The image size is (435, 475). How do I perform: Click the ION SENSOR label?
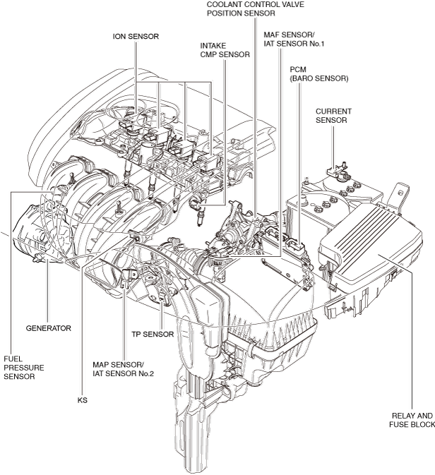pyautogui.click(x=136, y=37)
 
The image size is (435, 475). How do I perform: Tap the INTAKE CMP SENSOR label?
pyautogui.click(x=225, y=50)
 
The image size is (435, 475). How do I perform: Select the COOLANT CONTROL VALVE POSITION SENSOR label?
pyautogui.click(x=255, y=8)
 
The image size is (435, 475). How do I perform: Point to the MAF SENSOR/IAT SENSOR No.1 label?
pyautogui.click(x=294, y=40)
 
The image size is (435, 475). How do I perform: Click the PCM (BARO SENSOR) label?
pyautogui.click(x=319, y=74)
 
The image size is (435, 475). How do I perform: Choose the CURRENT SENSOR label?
pyautogui.click(x=333, y=116)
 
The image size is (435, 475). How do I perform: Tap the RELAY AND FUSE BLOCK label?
pyautogui.click(x=412, y=420)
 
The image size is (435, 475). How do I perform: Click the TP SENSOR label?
pyautogui.click(x=153, y=334)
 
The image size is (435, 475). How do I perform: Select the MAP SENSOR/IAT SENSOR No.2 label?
pyautogui.click(x=123, y=369)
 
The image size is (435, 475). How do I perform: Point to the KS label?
pyautogui.click(x=82, y=400)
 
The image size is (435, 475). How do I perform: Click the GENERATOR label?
pyautogui.click(x=48, y=328)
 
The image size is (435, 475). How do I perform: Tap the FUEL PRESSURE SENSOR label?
pyautogui.click(x=23, y=368)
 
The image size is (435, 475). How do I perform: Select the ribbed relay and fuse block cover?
pyautogui.click(x=371, y=242)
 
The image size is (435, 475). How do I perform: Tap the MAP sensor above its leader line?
pyautogui.click(x=128, y=277)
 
